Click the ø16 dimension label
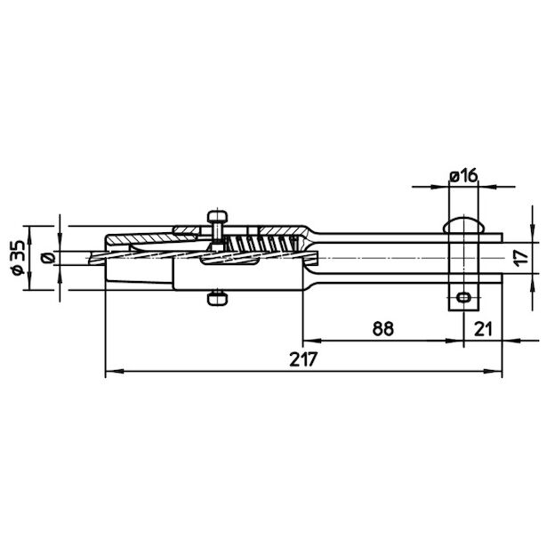pos(463,176)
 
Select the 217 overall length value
pos(303,359)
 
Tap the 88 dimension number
pos(383,328)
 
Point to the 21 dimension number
pos(483,328)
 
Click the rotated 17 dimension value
pos(522,258)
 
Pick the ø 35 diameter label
pos(18,258)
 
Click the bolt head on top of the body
pos(218,216)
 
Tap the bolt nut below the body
pos(217,300)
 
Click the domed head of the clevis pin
pos(463,225)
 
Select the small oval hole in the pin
pos(463,298)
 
